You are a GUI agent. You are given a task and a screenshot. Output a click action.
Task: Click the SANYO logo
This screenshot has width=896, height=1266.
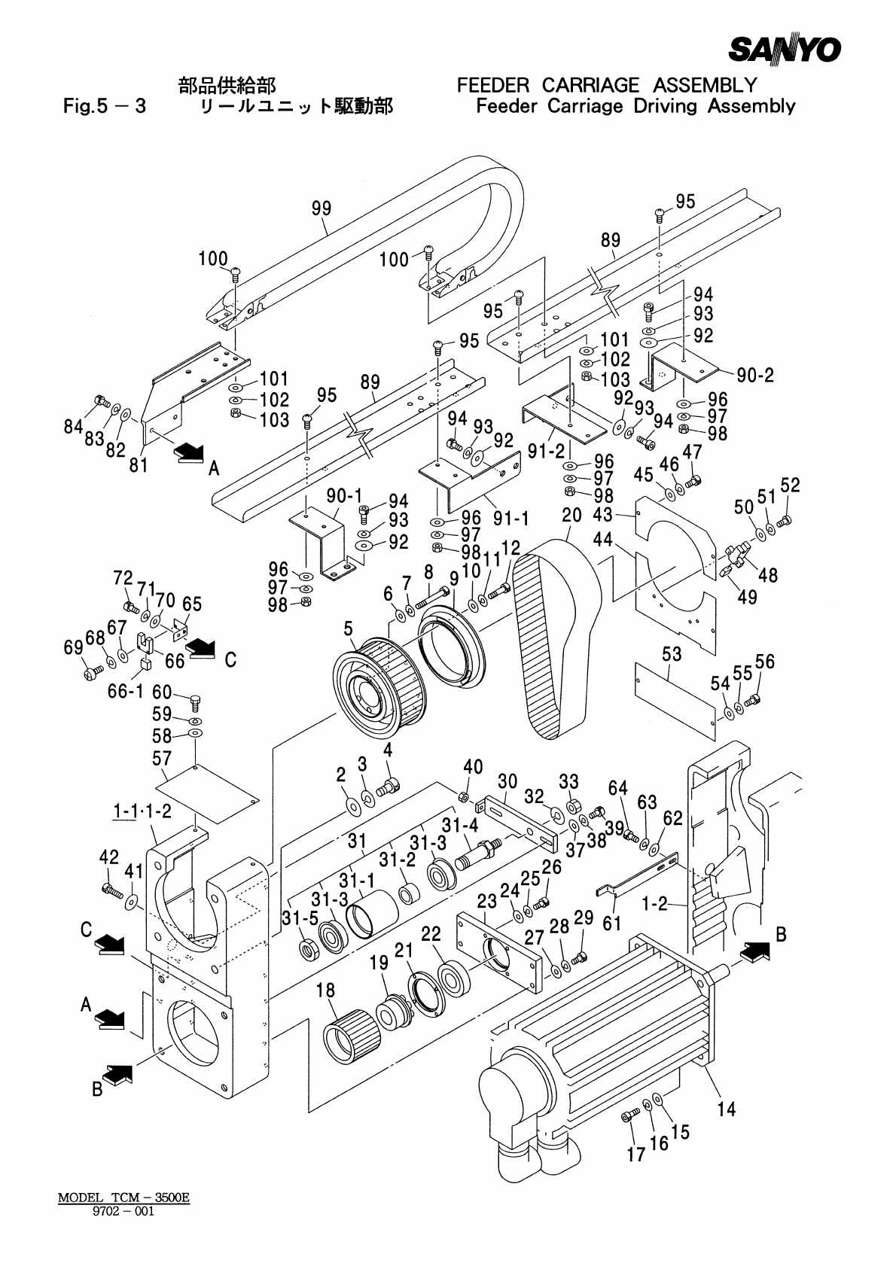tap(784, 50)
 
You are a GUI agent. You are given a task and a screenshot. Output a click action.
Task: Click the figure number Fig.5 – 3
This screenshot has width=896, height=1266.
tap(105, 106)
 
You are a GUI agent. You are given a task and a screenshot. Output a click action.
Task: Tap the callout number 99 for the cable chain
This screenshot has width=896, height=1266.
tap(322, 208)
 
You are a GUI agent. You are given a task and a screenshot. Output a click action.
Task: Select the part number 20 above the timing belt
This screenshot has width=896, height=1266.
tap(571, 516)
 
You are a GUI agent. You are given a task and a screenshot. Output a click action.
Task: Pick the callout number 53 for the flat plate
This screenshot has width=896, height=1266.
tap(672, 655)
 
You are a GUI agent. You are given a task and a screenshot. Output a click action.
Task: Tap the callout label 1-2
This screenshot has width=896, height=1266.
tap(655, 905)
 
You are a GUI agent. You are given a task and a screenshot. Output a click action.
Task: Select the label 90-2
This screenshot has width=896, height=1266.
tap(755, 375)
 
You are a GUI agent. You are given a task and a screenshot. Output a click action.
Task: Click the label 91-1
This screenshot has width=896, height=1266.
tap(511, 519)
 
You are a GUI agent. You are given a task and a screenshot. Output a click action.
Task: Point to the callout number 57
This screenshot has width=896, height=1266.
tap(162, 758)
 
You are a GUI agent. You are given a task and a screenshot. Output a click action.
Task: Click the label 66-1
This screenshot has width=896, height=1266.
tap(126, 691)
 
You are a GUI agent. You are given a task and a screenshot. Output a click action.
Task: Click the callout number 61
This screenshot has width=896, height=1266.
tap(611, 924)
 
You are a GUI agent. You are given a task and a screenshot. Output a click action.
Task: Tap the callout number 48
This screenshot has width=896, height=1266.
tap(768, 575)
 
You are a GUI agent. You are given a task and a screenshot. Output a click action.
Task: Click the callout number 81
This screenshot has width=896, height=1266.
tap(139, 464)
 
